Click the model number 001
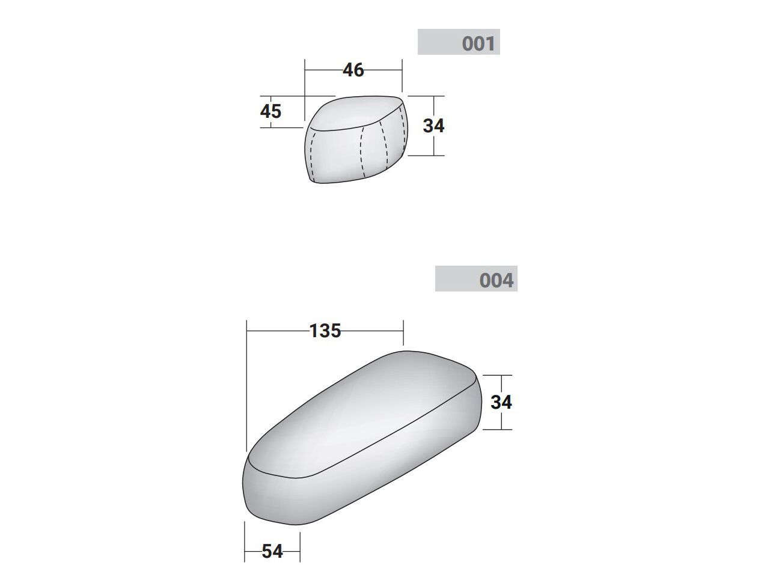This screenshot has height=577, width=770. [478, 43]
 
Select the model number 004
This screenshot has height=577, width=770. [496, 280]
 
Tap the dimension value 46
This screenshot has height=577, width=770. [353, 70]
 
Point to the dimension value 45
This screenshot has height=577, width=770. [270, 112]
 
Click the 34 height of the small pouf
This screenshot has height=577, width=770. [433, 126]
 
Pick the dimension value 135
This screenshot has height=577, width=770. [325, 331]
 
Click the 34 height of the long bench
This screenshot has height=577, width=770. [501, 402]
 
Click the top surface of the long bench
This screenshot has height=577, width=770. [361, 414]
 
